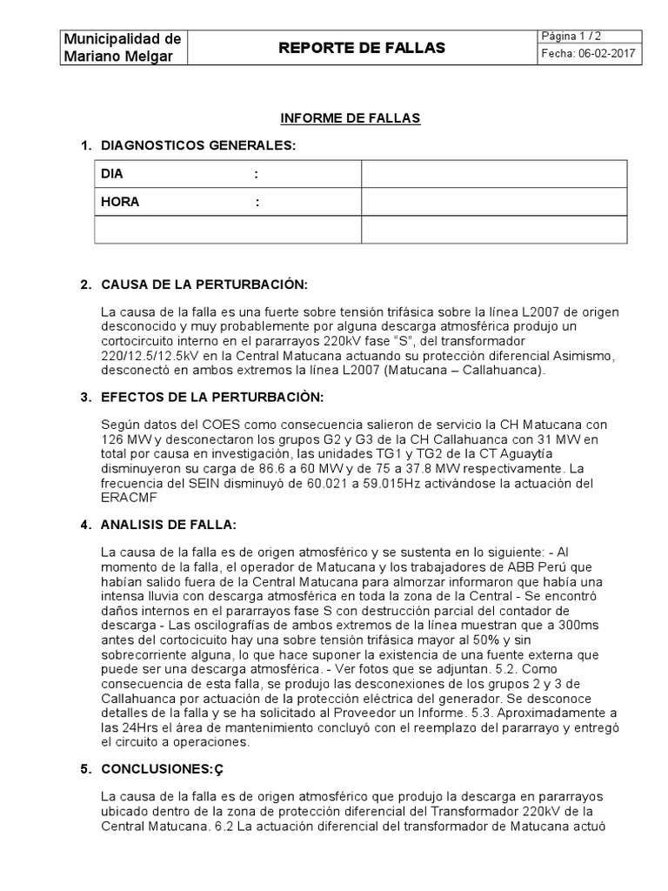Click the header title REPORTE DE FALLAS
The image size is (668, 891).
[x=361, y=49]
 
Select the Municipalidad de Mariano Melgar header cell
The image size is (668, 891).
[x=123, y=48]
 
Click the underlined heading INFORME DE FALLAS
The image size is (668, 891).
[x=350, y=118]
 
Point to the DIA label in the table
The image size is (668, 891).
[x=113, y=174]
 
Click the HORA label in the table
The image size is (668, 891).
[x=120, y=202]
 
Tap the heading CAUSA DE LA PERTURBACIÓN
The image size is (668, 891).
[x=204, y=285]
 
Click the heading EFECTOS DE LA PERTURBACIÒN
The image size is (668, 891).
[x=211, y=398]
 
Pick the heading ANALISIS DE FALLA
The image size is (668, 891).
[x=169, y=525]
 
